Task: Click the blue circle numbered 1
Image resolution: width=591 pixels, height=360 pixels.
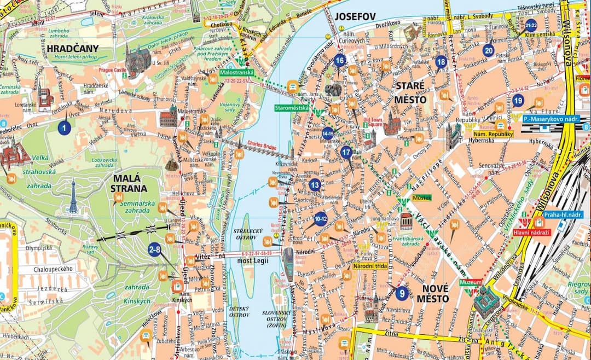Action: coord(65,128)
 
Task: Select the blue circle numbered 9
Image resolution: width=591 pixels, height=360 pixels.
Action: coord(402,293)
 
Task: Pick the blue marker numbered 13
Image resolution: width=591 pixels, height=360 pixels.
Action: coord(314,185)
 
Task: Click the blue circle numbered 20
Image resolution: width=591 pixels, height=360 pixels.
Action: coord(488,50)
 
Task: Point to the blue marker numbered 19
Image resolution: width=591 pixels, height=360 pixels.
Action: coord(518,100)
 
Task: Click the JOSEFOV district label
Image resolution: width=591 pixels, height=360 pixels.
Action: coord(355,17)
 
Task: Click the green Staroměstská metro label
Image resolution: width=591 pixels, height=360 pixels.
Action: coord(292,108)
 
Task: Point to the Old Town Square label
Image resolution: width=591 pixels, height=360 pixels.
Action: coord(372,121)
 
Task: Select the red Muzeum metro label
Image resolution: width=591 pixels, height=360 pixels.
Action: coord(471,283)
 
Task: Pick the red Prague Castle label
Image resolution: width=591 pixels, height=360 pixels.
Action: coord(112,70)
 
